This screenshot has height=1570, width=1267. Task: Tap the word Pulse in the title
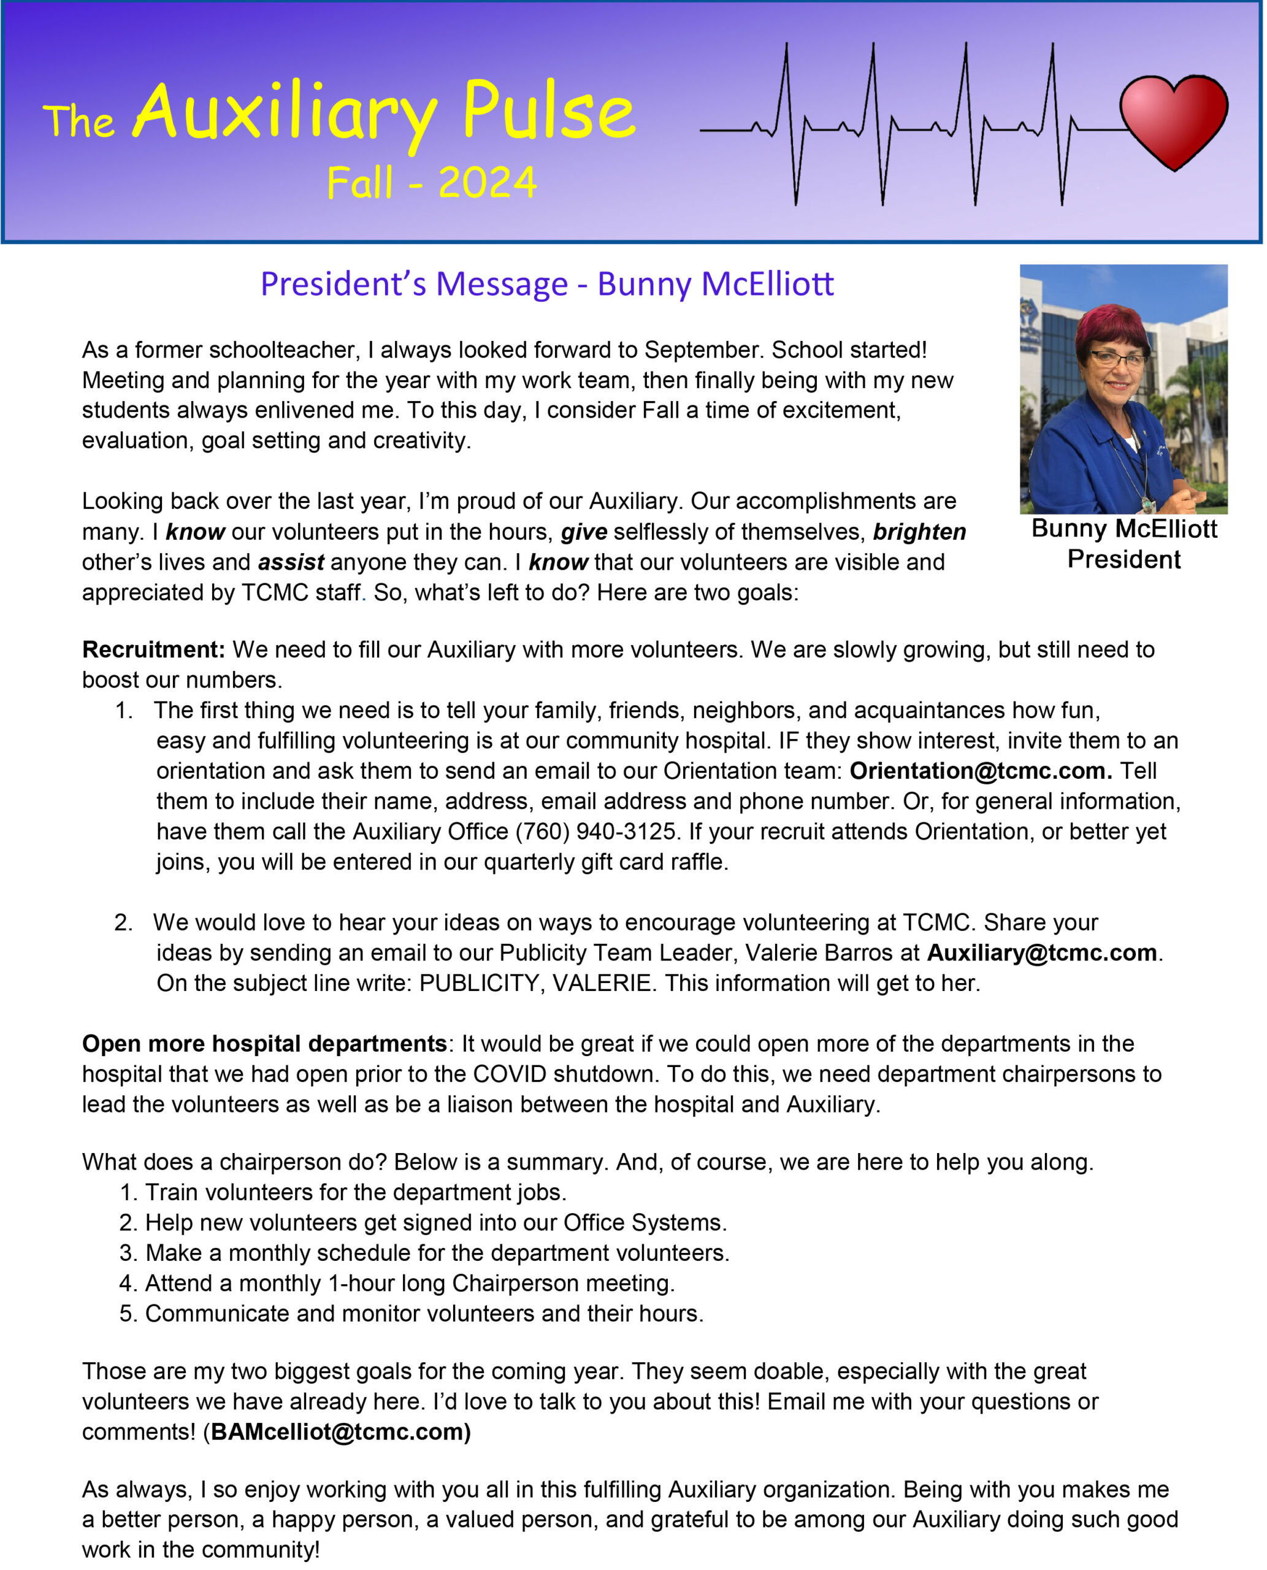(549, 112)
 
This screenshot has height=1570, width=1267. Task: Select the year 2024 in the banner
(488, 183)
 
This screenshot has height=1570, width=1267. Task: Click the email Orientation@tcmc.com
(981, 771)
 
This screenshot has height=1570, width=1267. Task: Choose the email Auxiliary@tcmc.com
(1041, 952)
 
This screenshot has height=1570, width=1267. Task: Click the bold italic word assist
(291, 562)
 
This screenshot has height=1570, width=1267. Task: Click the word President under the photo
(1124, 559)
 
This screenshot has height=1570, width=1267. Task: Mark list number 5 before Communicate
(128, 1313)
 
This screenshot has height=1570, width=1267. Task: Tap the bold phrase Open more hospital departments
(264, 1044)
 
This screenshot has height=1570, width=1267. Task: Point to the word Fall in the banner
(360, 183)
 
